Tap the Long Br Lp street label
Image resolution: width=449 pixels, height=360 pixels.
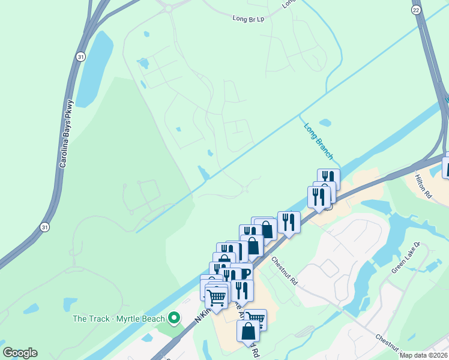(248, 18)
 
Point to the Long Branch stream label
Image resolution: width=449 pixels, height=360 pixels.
(318, 141)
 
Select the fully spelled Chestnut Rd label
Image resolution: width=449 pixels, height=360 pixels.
(284, 271)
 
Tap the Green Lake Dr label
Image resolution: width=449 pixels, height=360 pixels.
(406, 258)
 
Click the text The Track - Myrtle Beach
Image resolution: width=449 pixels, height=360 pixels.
(119, 319)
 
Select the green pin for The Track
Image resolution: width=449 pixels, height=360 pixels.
(175, 317)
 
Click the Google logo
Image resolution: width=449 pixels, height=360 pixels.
(20, 353)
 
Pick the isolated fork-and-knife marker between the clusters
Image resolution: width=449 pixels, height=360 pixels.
(289, 222)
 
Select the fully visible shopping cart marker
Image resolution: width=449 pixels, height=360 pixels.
(216, 296)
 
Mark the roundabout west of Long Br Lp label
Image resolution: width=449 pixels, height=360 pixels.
(169, 8)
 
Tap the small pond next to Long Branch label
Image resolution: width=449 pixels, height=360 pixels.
(325, 123)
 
